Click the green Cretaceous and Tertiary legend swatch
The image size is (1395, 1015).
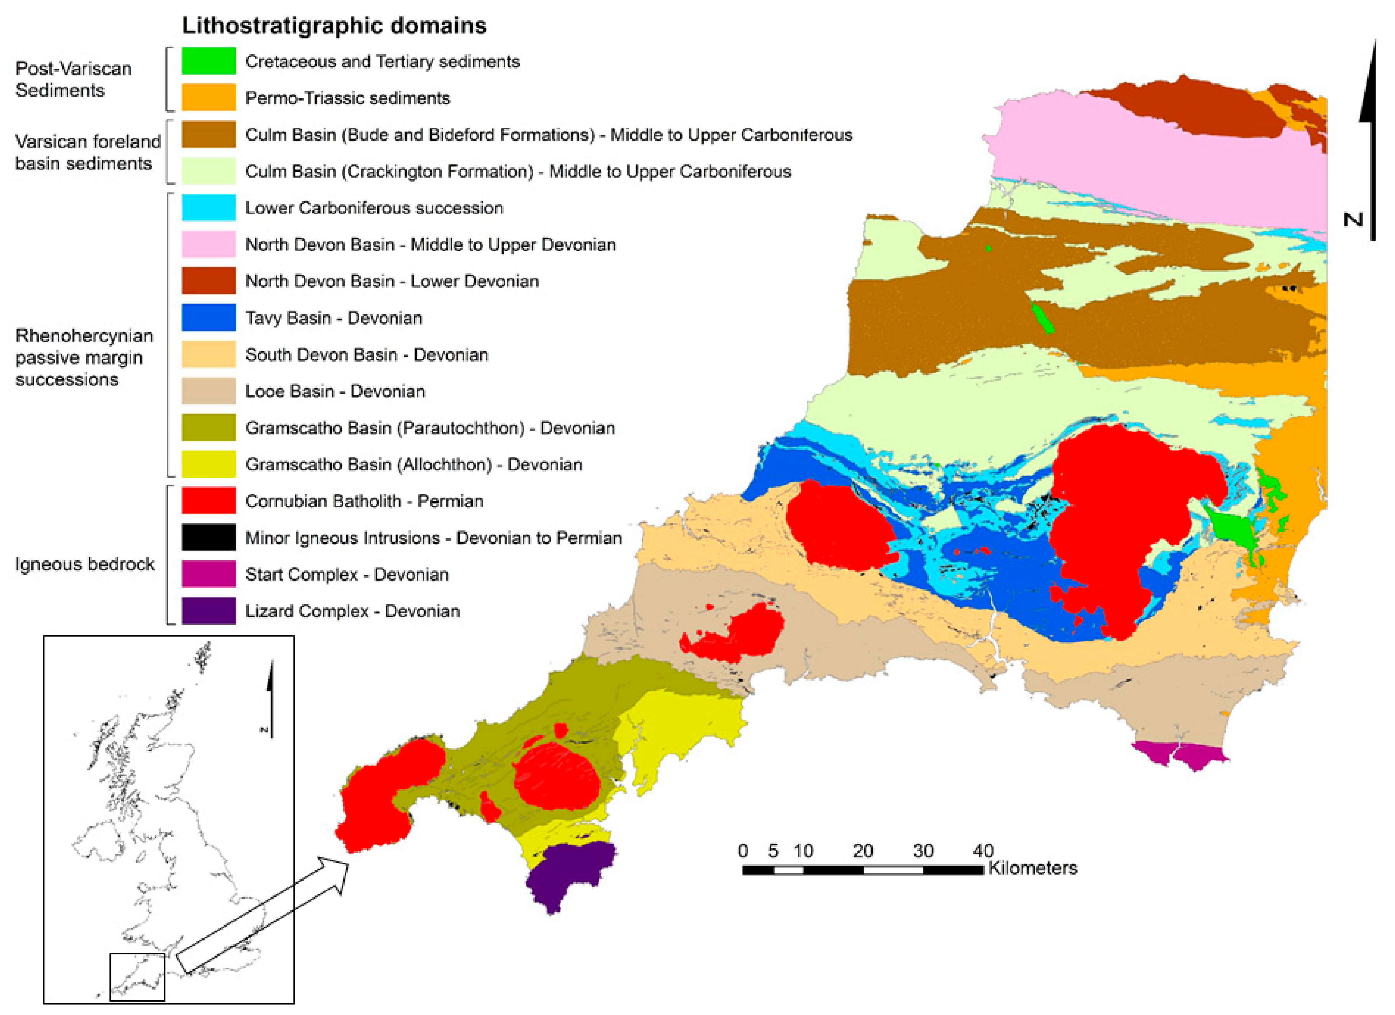208,61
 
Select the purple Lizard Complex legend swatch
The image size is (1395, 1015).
208,611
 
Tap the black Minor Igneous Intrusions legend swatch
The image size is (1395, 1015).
208,537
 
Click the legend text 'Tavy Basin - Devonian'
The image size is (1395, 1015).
333,318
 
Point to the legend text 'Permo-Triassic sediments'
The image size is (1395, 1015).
348,98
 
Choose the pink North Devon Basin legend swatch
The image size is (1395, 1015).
208,244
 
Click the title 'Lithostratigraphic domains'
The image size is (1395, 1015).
334,26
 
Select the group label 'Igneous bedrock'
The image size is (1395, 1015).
85,564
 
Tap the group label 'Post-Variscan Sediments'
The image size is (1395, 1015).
73,79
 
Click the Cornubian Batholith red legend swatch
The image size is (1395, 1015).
208,501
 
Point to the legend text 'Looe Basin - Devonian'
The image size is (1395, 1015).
335,391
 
